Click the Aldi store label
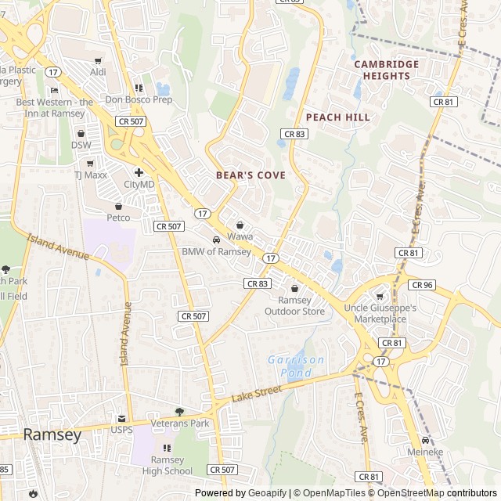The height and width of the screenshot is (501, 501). [98, 72]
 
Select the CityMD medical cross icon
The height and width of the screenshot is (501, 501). [139, 172]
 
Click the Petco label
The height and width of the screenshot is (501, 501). [118, 218]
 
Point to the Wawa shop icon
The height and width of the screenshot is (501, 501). [240, 225]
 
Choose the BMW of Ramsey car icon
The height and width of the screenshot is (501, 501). [216, 240]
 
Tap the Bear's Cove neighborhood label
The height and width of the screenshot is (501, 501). [250, 175]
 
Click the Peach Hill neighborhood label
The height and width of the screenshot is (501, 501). [337, 117]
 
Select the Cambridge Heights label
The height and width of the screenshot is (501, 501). [386, 70]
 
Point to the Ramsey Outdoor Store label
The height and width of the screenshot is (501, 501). [294, 305]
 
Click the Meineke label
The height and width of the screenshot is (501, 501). [425, 452]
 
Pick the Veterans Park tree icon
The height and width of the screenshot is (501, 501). [180, 412]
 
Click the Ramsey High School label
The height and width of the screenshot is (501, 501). [167, 465]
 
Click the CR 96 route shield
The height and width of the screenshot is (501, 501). [421, 285]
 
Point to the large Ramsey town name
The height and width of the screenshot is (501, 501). [52, 435]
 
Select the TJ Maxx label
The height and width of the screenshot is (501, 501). [91, 175]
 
